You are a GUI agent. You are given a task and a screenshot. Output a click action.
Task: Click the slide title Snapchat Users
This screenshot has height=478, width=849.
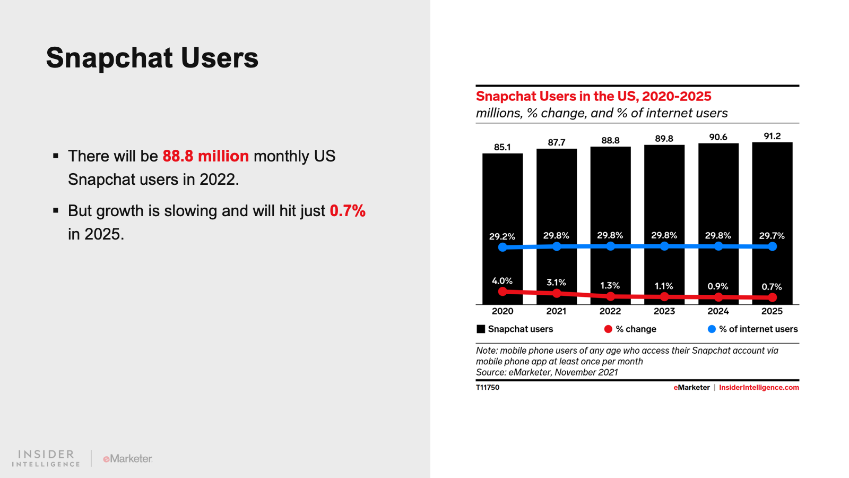[x=152, y=58]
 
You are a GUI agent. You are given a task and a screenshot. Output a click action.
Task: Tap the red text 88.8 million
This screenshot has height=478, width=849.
[x=205, y=156]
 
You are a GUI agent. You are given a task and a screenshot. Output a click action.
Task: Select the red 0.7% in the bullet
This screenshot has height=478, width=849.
[x=348, y=211]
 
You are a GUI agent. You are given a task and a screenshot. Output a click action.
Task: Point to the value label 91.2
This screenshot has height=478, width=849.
[x=772, y=136]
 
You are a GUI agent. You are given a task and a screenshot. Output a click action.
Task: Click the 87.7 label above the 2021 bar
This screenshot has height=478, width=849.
[x=557, y=142]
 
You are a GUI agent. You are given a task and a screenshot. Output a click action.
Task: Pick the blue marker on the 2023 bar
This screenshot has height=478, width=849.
[x=664, y=246]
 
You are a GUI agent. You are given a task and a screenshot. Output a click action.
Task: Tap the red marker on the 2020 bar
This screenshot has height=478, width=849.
[x=503, y=291]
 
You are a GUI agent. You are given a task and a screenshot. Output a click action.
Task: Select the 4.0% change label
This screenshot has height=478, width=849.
[x=502, y=281]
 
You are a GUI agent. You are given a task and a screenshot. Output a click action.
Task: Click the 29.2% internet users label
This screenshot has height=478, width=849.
[x=502, y=236]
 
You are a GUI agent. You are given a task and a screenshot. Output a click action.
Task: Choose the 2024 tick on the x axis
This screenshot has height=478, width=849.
[x=718, y=311]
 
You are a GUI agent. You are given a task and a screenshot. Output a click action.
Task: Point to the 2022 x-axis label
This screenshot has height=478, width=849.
[x=610, y=311]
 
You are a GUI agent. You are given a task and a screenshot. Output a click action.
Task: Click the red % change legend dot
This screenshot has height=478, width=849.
[x=608, y=329]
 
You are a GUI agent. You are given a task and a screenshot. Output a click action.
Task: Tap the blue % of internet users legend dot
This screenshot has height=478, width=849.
[x=712, y=329]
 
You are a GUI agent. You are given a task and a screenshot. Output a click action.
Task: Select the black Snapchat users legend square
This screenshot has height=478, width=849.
[x=481, y=329]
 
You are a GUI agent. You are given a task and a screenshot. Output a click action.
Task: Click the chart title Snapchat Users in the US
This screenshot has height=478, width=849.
[x=593, y=96]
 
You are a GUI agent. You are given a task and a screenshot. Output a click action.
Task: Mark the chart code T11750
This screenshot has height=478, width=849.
[x=488, y=388]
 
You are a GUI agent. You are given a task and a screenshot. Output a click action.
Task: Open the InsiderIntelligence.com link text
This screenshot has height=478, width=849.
[x=759, y=388]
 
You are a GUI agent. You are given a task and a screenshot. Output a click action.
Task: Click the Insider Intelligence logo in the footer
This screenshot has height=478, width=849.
[x=46, y=458]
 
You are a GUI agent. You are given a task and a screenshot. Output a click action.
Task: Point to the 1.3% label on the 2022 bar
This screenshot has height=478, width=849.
[x=610, y=286]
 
